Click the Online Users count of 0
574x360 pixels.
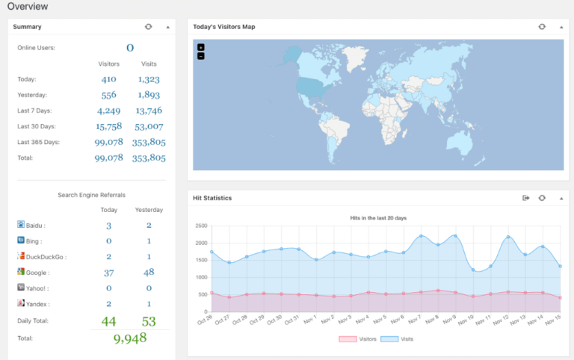[130, 48]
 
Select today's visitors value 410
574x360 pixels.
[108, 79]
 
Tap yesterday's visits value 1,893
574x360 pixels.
[149, 95]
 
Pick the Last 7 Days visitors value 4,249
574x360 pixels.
[108, 111]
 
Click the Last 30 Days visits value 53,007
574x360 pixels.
[149, 126]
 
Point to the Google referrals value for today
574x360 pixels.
[108, 273]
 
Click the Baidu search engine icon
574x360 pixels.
[21, 224]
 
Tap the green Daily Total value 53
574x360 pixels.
[149, 321]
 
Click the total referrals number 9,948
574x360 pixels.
[130, 338]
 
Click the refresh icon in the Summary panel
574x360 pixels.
[148, 27]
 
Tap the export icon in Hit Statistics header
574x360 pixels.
[525, 198]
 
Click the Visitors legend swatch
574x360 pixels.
[348, 339]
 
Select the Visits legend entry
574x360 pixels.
[397, 339]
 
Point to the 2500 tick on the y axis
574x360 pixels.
[201, 226]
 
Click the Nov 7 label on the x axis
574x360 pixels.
[415, 320]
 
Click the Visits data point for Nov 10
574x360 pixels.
[473, 270]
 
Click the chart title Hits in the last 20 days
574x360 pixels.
[378, 218]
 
